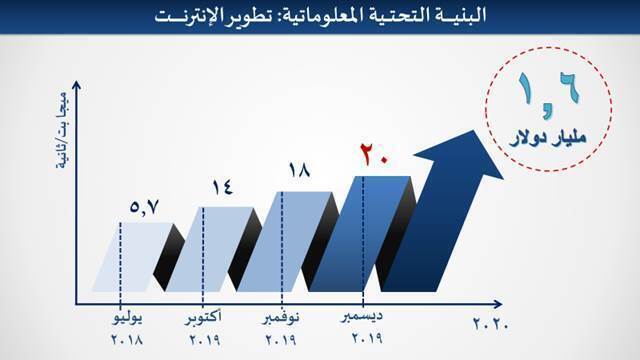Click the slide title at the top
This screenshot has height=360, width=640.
click(320, 16)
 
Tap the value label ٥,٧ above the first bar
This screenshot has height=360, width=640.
click(144, 207)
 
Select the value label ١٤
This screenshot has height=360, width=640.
click(222, 187)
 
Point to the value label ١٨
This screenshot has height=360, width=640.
click(299, 170)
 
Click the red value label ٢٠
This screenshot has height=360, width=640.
click(373, 155)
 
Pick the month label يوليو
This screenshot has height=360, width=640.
click(128, 319)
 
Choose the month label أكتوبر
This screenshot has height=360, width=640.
click(203, 318)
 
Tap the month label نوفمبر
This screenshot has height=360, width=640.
click(281, 318)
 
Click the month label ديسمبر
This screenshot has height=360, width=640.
click(362, 317)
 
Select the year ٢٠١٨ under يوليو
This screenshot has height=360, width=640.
click(127, 340)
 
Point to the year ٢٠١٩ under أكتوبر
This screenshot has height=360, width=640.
click(204, 340)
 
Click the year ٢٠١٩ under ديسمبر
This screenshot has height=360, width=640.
click(367, 338)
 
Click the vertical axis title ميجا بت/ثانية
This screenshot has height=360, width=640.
click(62, 130)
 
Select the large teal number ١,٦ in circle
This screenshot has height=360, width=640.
click(548, 95)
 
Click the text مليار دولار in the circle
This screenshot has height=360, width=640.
click(548, 138)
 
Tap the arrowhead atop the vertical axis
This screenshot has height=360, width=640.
click(76, 85)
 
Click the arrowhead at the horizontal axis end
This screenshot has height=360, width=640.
click(497, 304)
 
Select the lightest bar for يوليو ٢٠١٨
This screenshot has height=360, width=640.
click(133, 258)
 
